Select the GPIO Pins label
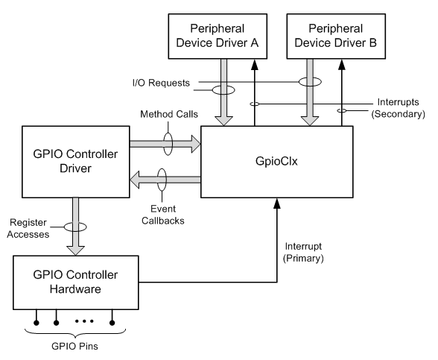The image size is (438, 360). tap(72, 345)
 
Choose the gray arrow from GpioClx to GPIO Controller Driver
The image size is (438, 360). tap(164, 179)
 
